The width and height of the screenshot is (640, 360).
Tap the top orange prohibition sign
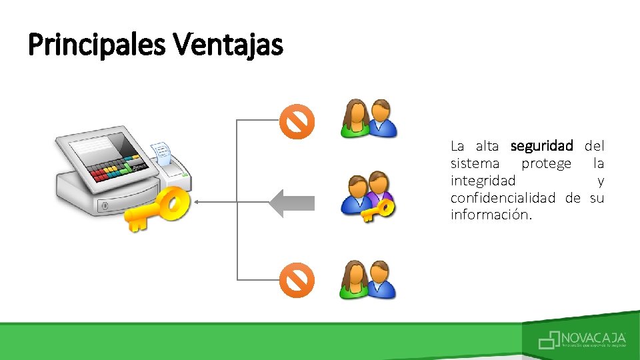pyautogui.click(x=296, y=122)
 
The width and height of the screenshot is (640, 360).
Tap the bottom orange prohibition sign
pyautogui.click(x=296, y=281)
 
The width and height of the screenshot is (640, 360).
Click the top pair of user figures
pyautogui.click(x=369, y=119)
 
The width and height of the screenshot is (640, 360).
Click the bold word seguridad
pyautogui.click(x=541, y=145)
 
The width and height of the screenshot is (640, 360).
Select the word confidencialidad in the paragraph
pyautogui.click(x=503, y=198)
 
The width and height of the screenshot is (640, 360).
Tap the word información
pyautogui.click(x=491, y=215)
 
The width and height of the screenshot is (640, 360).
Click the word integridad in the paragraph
pyautogui.click(x=483, y=181)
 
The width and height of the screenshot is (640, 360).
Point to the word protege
pyautogui.click(x=546, y=163)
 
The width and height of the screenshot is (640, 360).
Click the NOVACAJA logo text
pyautogui.click(x=593, y=337)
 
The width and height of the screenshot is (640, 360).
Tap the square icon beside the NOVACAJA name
pyautogui.click(x=549, y=341)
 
